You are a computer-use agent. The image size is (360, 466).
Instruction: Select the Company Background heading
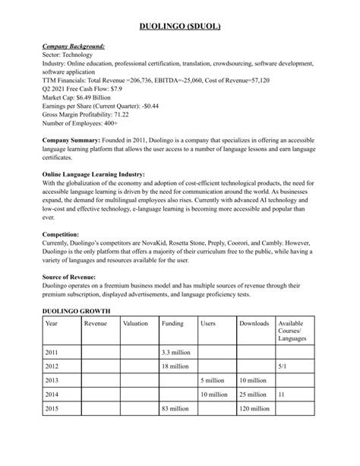[74, 46]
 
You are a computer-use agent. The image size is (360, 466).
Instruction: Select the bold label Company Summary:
[71, 142]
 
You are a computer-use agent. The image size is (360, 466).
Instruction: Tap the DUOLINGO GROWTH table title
[76, 311]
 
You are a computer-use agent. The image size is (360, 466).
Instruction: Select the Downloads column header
[254, 324]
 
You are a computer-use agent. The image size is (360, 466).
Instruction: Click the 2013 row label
[52, 379]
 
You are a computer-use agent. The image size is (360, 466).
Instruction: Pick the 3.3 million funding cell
[175, 353]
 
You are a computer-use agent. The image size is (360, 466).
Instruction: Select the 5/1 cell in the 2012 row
[283, 366]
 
